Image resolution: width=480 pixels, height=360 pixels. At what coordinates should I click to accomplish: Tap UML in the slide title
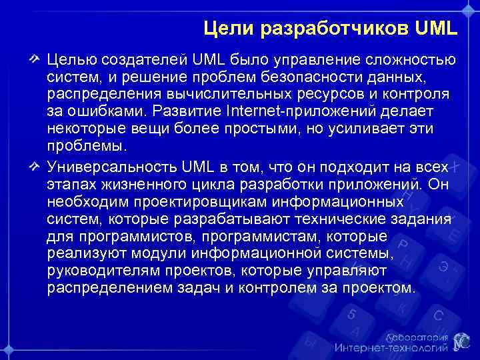coord(436,29)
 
